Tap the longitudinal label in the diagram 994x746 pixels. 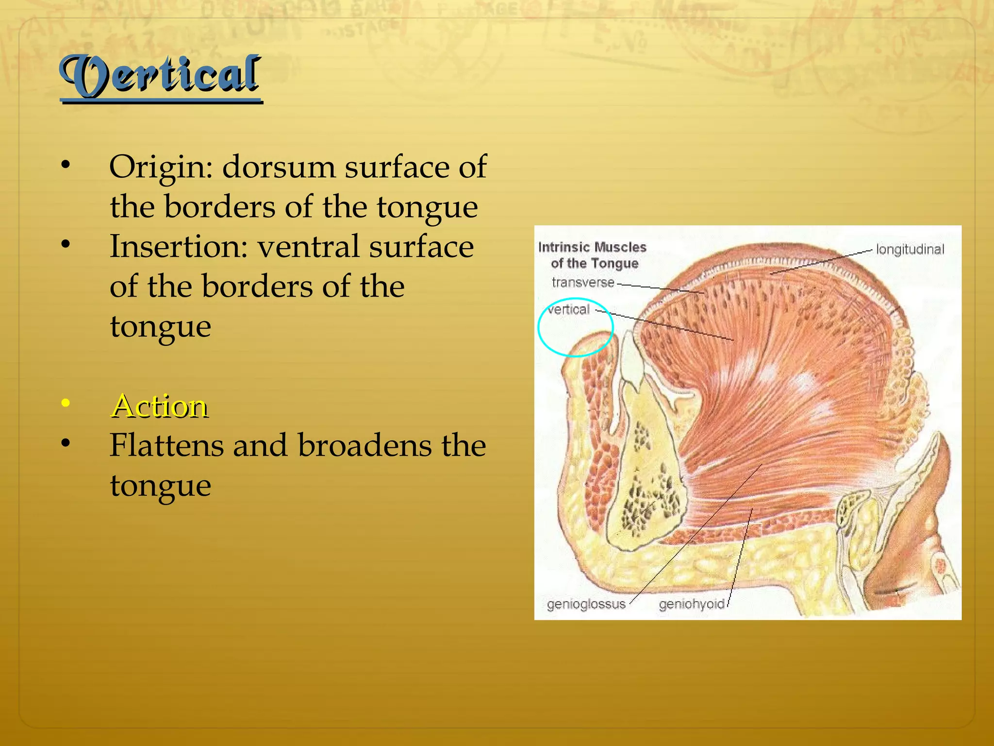click(x=910, y=250)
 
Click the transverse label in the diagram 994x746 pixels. click(x=582, y=283)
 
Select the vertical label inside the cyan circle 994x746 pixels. click(x=569, y=310)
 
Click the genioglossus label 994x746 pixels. click(x=586, y=604)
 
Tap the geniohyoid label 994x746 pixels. click(x=691, y=604)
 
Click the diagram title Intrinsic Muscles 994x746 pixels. click(x=592, y=247)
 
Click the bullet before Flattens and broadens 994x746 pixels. click(x=66, y=443)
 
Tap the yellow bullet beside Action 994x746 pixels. click(x=66, y=403)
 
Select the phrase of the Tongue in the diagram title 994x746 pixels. click(x=594, y=264)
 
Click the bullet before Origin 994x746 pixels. click(x=66, y=165)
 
